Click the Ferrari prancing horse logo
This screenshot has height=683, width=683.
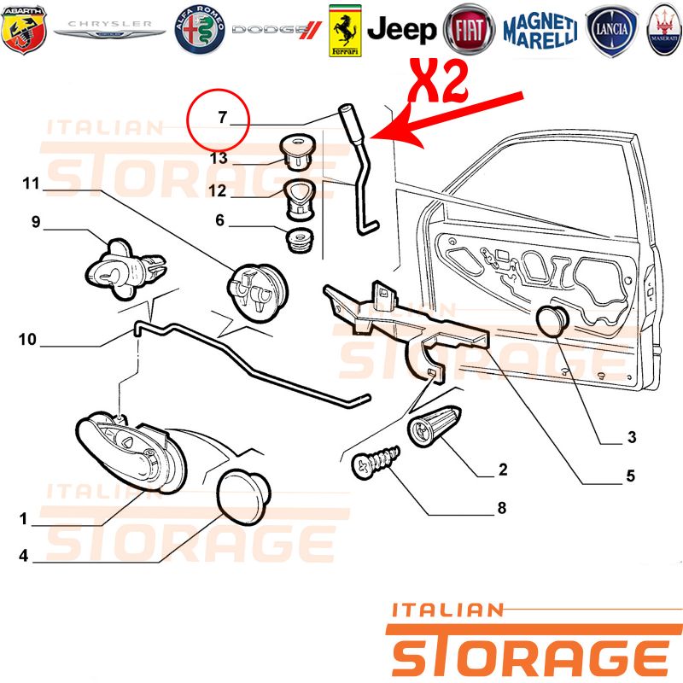[345, 31]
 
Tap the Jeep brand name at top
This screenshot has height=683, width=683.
[401, 30]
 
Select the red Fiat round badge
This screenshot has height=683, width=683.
[469, 30]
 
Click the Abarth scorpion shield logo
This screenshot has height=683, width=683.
[24, 29]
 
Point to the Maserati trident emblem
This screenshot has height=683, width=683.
[665, 30]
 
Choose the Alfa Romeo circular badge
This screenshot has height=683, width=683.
[200, 30]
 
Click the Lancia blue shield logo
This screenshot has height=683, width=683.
[611, 31]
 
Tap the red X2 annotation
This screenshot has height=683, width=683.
[439, 81]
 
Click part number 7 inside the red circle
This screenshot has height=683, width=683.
[223, 117]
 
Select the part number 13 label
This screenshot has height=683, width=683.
[219, 158]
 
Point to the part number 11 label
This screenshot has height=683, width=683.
[31, 184]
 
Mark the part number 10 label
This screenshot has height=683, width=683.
[27, 339]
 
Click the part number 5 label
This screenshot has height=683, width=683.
[631, 476]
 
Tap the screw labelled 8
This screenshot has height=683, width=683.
[376, 462]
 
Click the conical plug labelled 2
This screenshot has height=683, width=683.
[434, 426]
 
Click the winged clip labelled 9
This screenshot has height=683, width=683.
[125, 269]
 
